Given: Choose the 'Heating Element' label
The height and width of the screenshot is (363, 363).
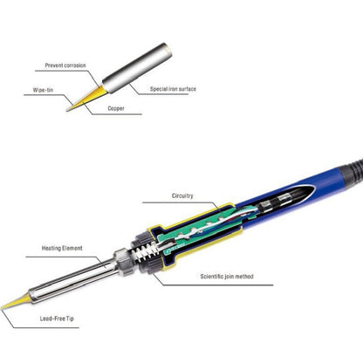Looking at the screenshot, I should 62,248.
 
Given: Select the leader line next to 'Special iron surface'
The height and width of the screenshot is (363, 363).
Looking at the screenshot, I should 140,89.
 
